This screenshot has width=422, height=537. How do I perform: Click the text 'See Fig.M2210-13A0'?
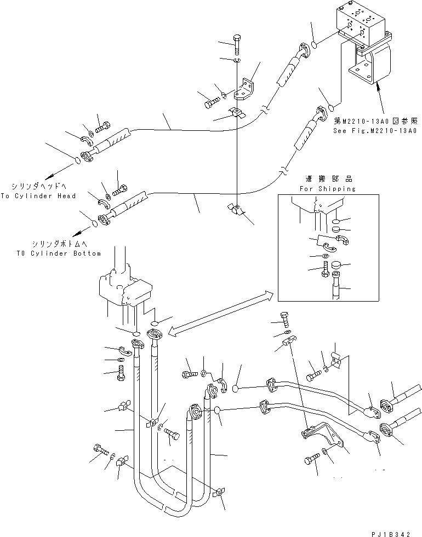[x=375, y=131]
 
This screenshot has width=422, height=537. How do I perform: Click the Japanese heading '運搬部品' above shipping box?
[x=329, y=179]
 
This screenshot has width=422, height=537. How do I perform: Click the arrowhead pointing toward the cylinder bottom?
[x=85, y=231]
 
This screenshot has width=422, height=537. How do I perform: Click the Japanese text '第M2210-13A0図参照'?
[x=375, y=122]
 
